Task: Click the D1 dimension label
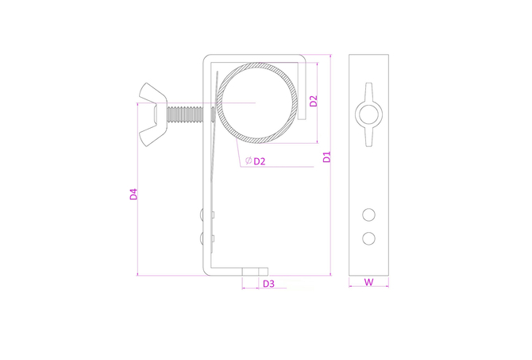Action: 326,157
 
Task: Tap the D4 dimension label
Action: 133,194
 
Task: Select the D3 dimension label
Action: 268,283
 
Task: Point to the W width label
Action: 368,281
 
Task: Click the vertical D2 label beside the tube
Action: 314,101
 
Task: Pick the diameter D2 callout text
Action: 259,161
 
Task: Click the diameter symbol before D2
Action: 249,161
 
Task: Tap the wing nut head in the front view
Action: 152,114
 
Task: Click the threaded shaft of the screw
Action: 185,114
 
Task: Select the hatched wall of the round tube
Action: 258,65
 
